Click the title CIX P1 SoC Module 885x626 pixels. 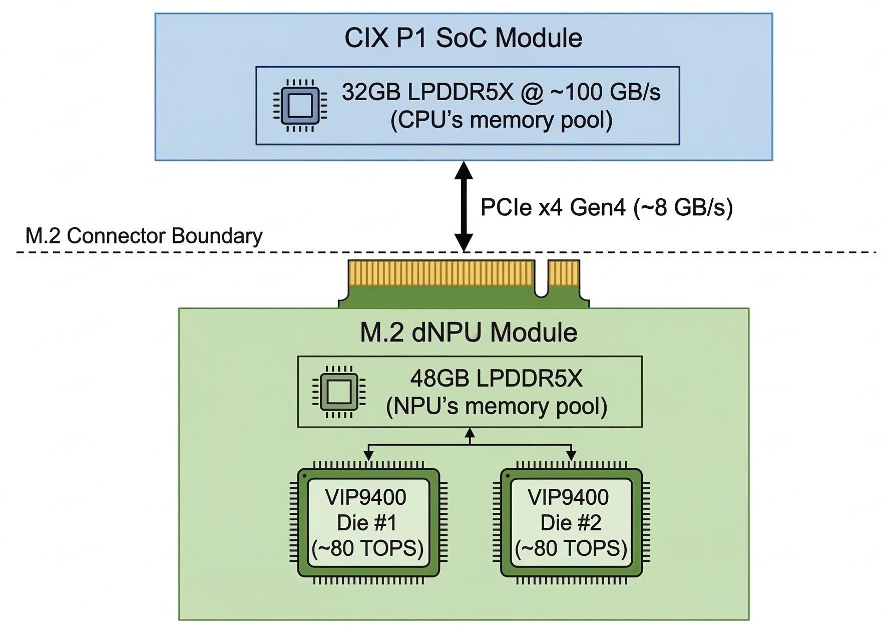pyautogui.click(x=463, y=38)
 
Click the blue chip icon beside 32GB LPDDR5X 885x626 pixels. pyautogui.click(x=300, y=106)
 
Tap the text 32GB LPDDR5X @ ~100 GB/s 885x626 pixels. pyautogui.click(x=501, y=92)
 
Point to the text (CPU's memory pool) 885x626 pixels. pyautogui.click(x=501, y=120)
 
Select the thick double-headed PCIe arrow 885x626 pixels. pyautogui.click(x=464, y=206)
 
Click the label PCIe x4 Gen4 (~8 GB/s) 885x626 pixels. pyautogui.click(x=606, y=207)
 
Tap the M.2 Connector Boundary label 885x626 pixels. pyautogui.click(x=144, y=236)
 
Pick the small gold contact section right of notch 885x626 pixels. pyautogui.click(x=564, y=272)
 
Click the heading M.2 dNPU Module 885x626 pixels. pyautogui.click(x=469, y=333)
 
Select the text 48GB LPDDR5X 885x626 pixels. pyautogui.click(x=497, y=379)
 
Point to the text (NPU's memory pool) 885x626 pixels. pyautogui.click(x=497, y=406)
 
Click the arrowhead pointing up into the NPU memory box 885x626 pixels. pyautogui.click(x=470, y=433)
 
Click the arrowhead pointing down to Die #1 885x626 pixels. pyautogui.click(x=368, y=455)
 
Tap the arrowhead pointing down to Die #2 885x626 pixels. pyautogui.click(x=571, y=455)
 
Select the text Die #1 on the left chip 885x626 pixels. pyautogui.click(x=367, y=523)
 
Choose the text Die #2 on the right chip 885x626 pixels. pyautogui.click(x=571, y=523)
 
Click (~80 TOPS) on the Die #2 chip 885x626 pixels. pyautogui.click(x=571, y=549)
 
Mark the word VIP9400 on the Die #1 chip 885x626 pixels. pyautogui.click(x=366, y=497)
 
